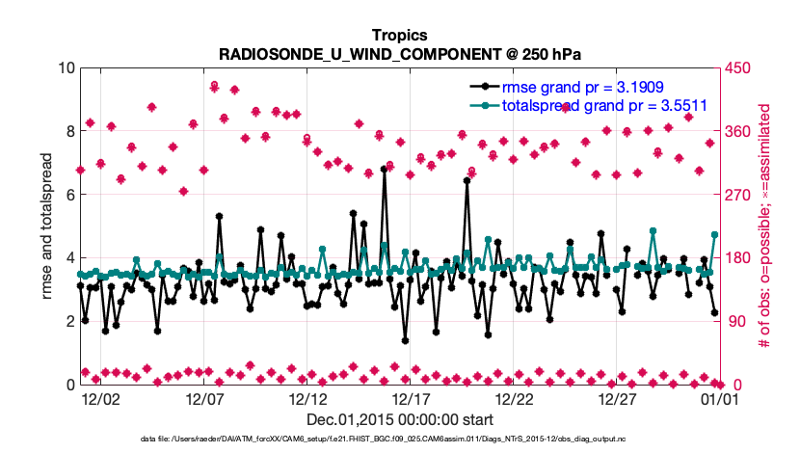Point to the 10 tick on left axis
[x=67, y=68]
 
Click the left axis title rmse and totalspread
[x=47, y=226]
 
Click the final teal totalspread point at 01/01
[x=714, y=234]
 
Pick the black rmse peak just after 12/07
[x=220, y=217]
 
